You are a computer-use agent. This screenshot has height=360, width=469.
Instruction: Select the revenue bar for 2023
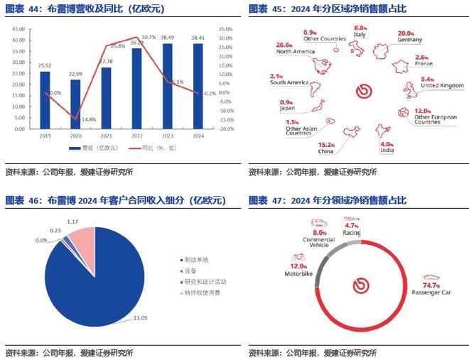click(168, 85)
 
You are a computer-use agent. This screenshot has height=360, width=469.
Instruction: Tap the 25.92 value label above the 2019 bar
click(45, 66)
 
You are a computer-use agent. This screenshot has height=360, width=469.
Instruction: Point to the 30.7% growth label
click(149, 37)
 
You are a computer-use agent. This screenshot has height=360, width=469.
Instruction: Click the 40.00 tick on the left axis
click(19, 30)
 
